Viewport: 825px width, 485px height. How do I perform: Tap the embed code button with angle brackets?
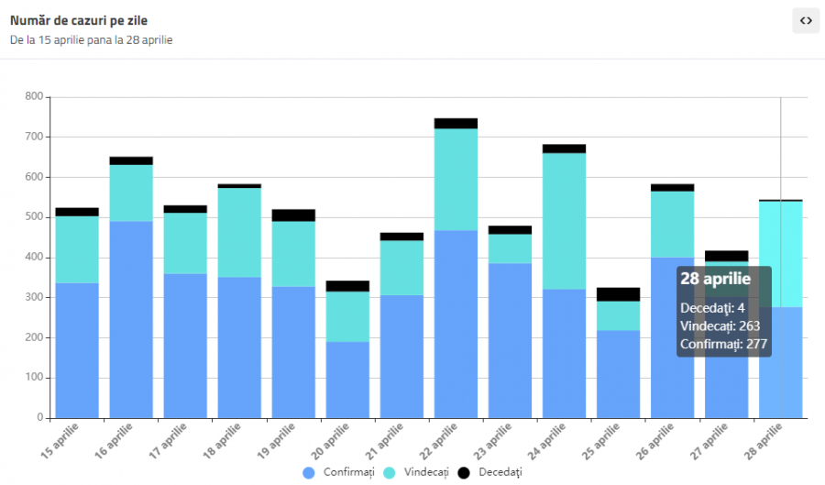pos(805,20)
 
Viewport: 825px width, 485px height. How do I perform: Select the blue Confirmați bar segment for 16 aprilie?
pos(131,319)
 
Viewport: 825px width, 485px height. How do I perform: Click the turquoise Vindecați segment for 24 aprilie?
pos(565,220)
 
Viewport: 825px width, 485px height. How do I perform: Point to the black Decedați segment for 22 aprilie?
pos(456,123)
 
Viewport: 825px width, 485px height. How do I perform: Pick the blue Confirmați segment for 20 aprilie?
pos(347,380)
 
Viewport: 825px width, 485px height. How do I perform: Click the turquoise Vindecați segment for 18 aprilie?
pos(239,232)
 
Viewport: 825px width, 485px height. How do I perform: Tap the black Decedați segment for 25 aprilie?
pos(618,294)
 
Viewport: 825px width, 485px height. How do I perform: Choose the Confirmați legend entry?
pos(339,471)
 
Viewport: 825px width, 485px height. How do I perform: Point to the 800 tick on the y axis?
pos(34,96)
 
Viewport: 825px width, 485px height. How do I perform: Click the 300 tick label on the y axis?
pos(34,297)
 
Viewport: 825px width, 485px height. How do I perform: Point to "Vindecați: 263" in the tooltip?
pos(720,325)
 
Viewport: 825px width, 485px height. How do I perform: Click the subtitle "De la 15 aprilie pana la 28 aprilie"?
pos(92,40)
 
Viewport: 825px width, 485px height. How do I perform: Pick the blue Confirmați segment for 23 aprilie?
pos(510,340)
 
